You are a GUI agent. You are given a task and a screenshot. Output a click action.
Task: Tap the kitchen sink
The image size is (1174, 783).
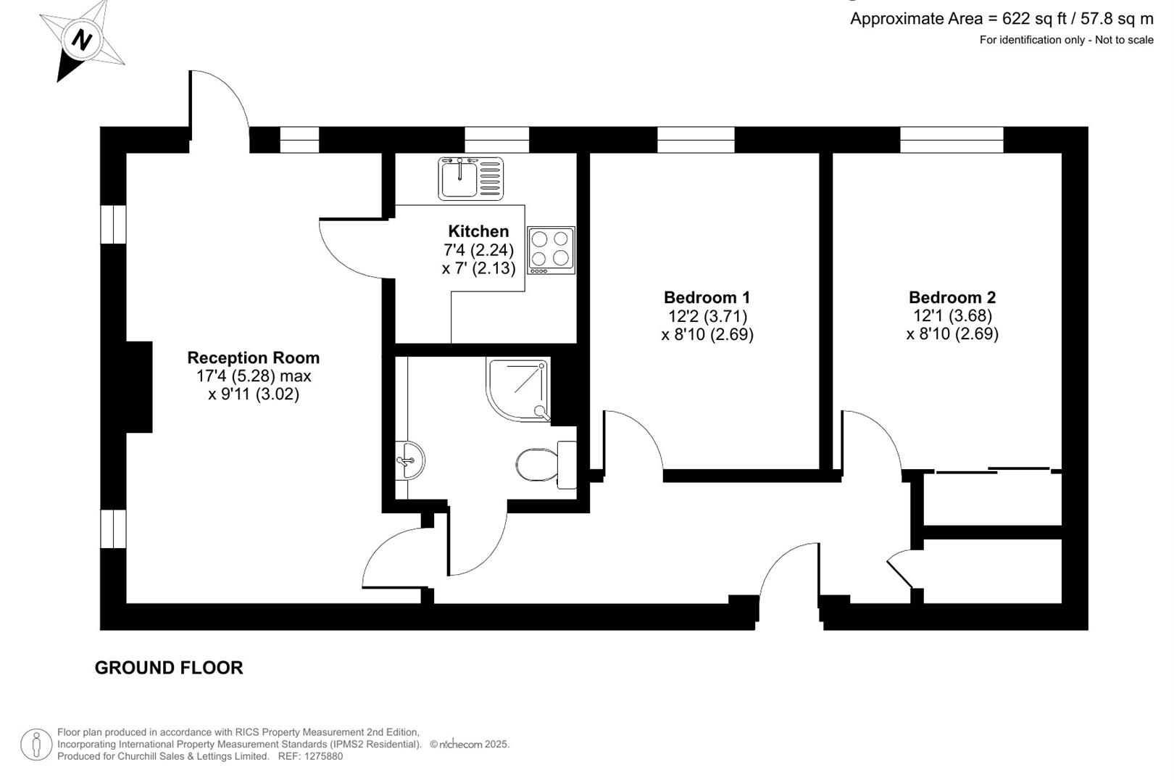470,178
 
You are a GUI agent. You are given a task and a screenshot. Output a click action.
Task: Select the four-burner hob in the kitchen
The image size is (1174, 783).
551,249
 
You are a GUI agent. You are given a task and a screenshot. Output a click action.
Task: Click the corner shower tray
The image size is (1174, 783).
518,389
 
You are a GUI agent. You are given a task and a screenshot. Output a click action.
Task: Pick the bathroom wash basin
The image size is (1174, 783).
410,459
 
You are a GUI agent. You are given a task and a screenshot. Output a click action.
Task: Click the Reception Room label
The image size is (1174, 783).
253,357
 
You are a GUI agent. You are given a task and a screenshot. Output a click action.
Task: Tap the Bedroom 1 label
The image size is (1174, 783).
707,297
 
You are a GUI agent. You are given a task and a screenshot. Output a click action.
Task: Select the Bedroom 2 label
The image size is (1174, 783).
952,297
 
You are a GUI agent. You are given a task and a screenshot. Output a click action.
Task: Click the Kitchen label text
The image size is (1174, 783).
478,231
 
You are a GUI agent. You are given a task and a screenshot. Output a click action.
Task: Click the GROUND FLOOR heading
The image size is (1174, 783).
169,668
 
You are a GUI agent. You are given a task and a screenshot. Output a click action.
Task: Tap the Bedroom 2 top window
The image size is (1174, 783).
952,139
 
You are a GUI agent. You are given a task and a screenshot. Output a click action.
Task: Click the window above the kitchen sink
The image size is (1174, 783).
496,139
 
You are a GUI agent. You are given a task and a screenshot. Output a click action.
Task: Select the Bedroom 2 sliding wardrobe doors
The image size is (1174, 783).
993,471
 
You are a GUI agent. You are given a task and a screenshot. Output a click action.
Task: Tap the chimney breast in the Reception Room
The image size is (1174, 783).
138,387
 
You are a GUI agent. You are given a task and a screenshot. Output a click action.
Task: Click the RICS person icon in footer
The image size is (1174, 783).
36,745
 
